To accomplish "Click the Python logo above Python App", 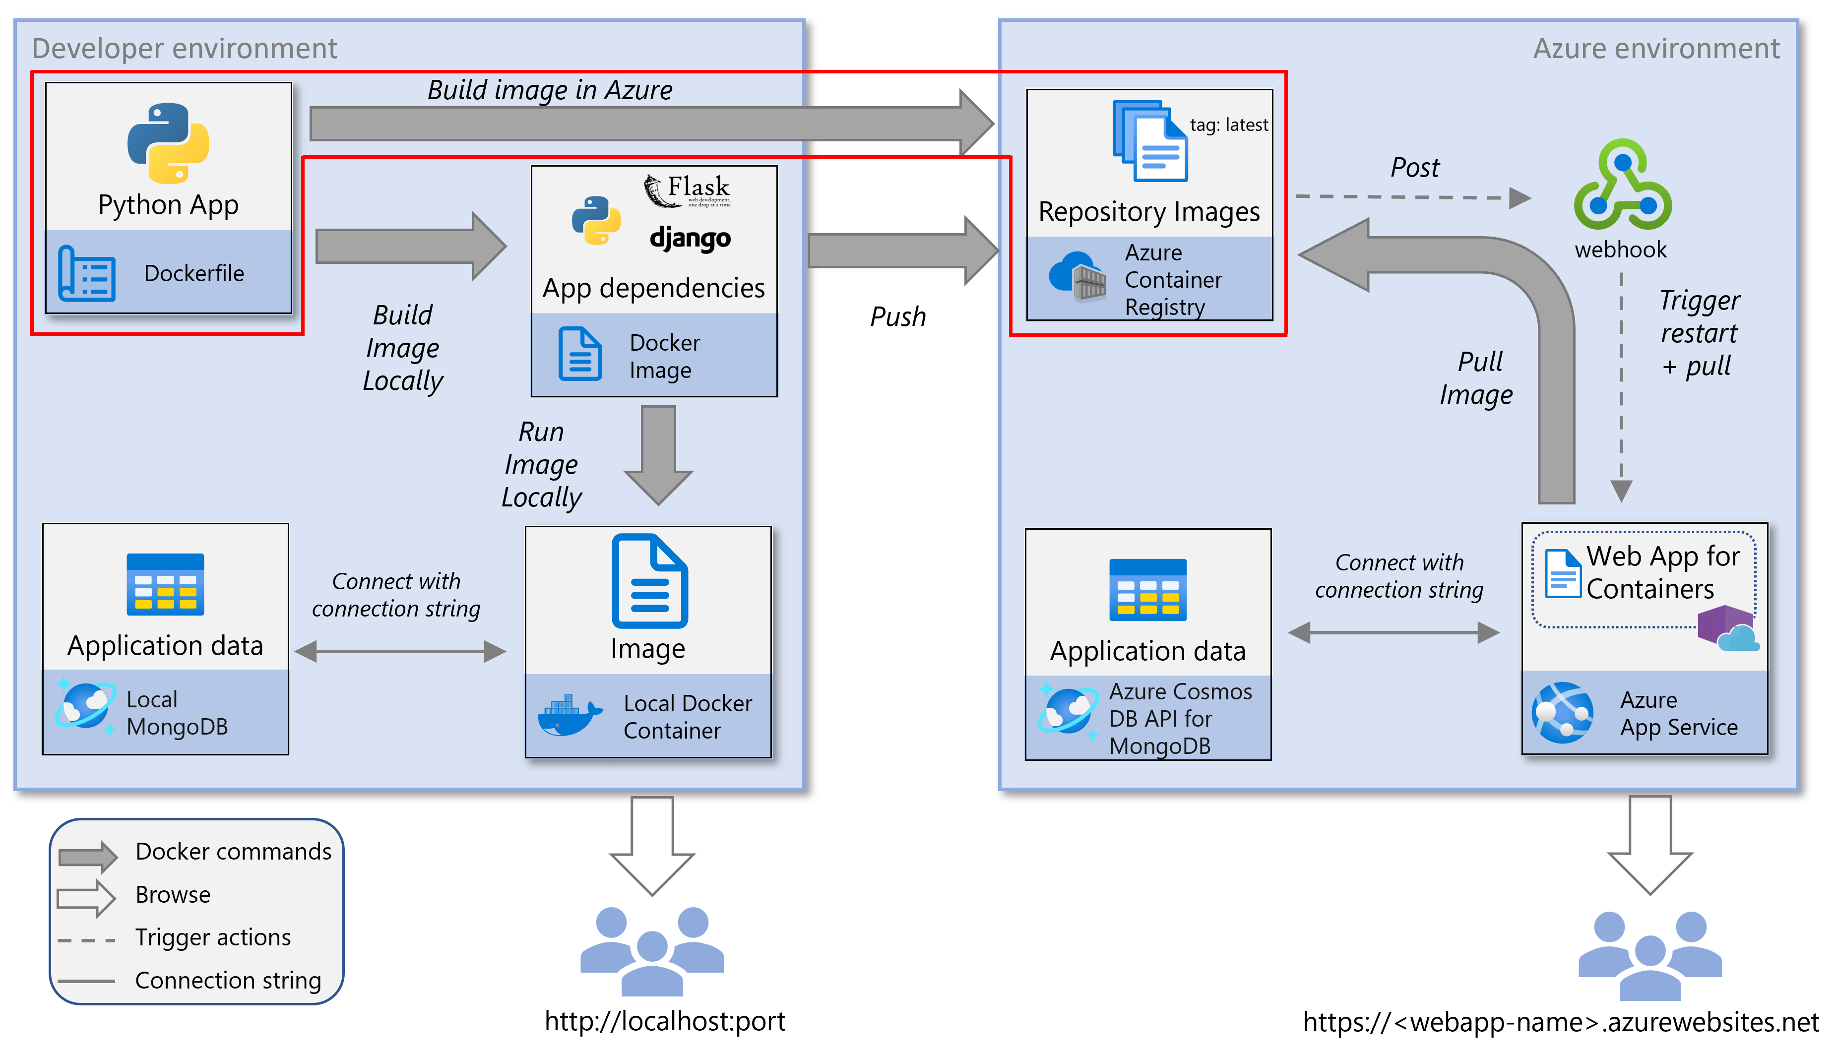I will [x=168, y=143].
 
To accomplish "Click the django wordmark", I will [x=690, y=238].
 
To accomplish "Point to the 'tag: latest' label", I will [x=1228, y=124].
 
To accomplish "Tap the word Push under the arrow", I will [x=897, y=316].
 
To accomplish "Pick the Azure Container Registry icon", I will [x=1077, y=277].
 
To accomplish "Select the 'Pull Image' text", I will [x=1476, y=378].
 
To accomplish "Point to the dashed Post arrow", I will [x=1411, y=197].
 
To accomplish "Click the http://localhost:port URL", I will [x=664, y=1021].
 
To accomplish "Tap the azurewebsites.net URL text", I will [x=1560, y=1021].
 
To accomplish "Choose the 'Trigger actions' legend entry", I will [x=213, y=937].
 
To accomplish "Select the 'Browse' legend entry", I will [x=173, y=895].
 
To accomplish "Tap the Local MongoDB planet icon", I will [x=85, y=706].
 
